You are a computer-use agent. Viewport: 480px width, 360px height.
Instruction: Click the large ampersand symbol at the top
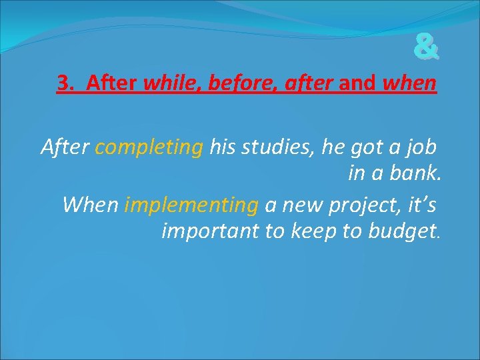click(x=426, y=48)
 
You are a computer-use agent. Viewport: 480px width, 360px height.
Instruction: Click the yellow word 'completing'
click(x=149, y=147)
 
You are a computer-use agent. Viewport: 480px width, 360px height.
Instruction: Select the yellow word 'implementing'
click(x=191, y=205)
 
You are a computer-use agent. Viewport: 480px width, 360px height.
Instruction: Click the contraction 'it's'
click(x=419, y=205)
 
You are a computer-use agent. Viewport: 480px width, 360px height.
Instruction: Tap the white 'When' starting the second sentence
click(x=91, y=205)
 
